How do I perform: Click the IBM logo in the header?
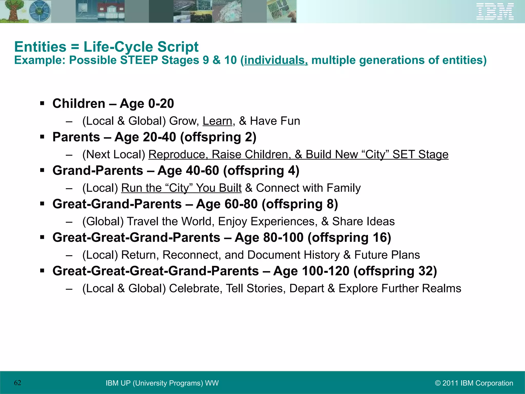[x=495, y=12]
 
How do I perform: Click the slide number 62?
[x=17, y=383]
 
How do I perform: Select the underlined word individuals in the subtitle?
[x=276, y=60]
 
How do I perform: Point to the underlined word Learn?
[x=217, y=121]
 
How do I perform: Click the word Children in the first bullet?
[x=79, y=103]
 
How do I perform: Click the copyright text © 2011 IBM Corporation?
[x=474, y=383]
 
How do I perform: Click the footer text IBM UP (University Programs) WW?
[x=162, y=383]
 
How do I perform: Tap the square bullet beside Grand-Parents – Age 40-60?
[x=42, y=170]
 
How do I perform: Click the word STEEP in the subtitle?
[x=139, y=60]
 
